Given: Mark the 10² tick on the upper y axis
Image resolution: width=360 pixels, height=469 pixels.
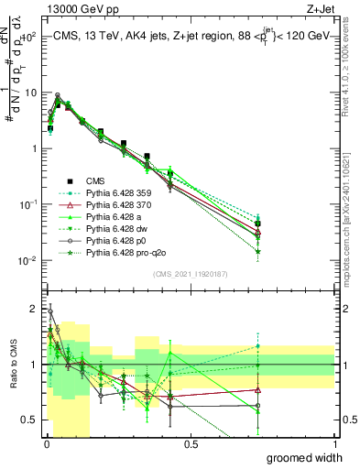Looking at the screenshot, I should (x=27, y=38).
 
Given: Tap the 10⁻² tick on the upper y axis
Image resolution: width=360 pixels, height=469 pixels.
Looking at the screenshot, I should (x=27, y=262).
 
